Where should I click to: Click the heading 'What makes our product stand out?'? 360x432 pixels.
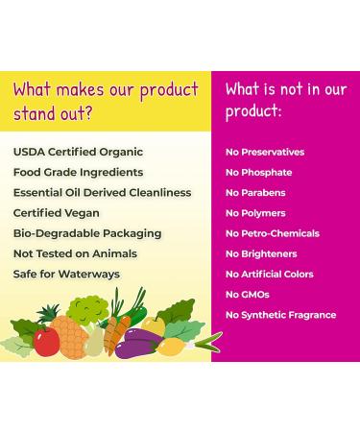coord(106,102)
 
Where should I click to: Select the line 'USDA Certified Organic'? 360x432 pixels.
coord(78,152)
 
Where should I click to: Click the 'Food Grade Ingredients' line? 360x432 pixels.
coord(78,172)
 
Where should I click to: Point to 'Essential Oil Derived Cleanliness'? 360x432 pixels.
coord(102,192)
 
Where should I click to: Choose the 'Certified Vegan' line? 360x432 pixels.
coord(58,213)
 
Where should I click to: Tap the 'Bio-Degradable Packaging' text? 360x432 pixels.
coord(87,233)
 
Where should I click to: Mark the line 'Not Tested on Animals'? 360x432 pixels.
coord(75,253)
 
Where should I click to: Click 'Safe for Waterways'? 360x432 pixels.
coord(66,274)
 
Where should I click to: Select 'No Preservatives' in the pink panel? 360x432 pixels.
coord(265,152)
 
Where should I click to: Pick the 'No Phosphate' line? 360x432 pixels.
coord(258,173)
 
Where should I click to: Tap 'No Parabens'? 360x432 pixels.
coord(256,193)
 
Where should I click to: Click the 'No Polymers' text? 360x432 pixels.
coord(256,213)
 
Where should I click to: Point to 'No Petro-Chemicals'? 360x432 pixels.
coord(272,233)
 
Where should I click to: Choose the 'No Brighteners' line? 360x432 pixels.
coord(261,253)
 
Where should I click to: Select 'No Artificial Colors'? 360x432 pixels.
coord(269,275)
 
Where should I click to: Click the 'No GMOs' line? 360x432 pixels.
coord(248,295)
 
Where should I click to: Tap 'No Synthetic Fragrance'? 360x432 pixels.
coord(280,315)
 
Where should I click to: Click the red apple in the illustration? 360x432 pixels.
coord(46,341)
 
